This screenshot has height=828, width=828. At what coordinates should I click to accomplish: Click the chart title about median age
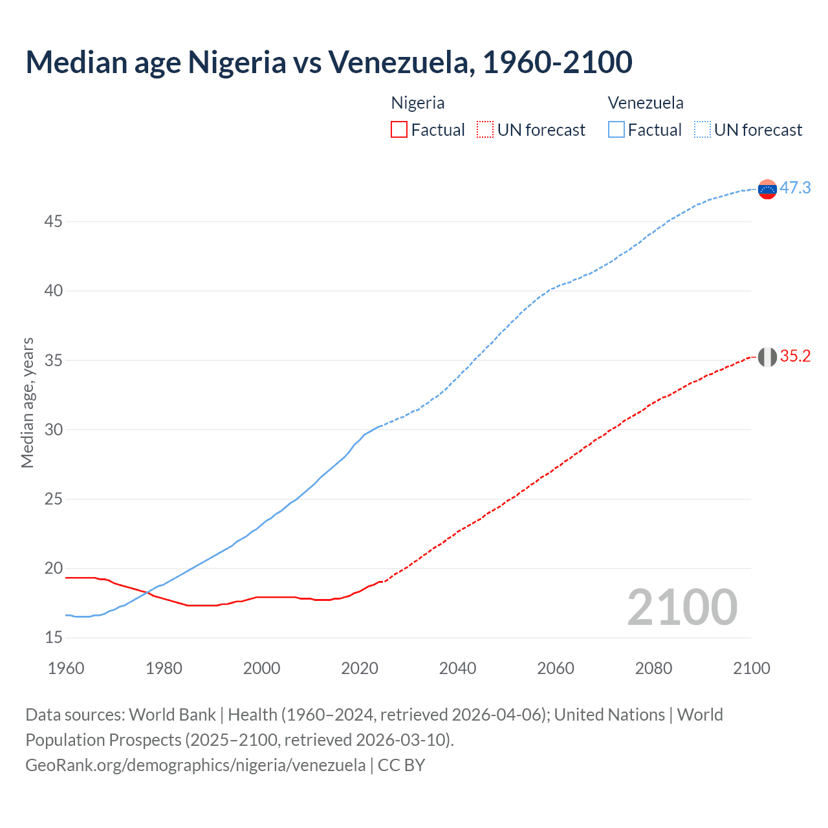(x=329, y=62)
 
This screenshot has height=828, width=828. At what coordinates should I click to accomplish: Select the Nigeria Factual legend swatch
(x=399, y=129)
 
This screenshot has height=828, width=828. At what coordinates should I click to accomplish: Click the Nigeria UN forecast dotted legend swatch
(x=485, y=129)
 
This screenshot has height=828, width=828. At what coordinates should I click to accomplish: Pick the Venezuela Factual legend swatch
(x=616, y=129)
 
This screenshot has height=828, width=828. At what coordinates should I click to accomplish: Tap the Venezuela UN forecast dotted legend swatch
(x=703, y=129)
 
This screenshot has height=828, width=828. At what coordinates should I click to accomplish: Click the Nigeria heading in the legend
(x=418, y=103)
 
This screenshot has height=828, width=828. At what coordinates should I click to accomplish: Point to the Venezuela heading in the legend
(x=646, y=103)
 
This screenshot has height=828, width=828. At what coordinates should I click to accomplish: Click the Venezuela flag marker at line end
(x=767, y=189)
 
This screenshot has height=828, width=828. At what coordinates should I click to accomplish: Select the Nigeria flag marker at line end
(x=767, y=356)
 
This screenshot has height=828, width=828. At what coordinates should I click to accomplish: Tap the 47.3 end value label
(x=795, y=188)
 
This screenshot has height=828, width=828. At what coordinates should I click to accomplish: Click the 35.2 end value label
(x=795, y=356)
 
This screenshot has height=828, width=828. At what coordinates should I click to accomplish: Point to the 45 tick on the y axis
(x=54, y=222)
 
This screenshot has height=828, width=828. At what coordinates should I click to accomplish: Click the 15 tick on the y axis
(x=54, y=638)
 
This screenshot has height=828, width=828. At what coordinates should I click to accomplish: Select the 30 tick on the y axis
(x=54, y=430)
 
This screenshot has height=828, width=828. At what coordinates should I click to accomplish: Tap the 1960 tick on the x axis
(x=66, y=668)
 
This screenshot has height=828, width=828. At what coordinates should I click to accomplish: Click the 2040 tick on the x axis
(x=457, y=668)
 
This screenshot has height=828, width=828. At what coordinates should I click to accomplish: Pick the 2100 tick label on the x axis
(x=751, y=668)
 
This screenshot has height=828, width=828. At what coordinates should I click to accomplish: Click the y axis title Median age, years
(x=27, y=402)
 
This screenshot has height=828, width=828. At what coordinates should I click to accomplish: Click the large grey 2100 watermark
(x=682, y=607)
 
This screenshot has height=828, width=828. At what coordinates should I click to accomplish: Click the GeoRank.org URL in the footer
(x=195, y=765)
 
